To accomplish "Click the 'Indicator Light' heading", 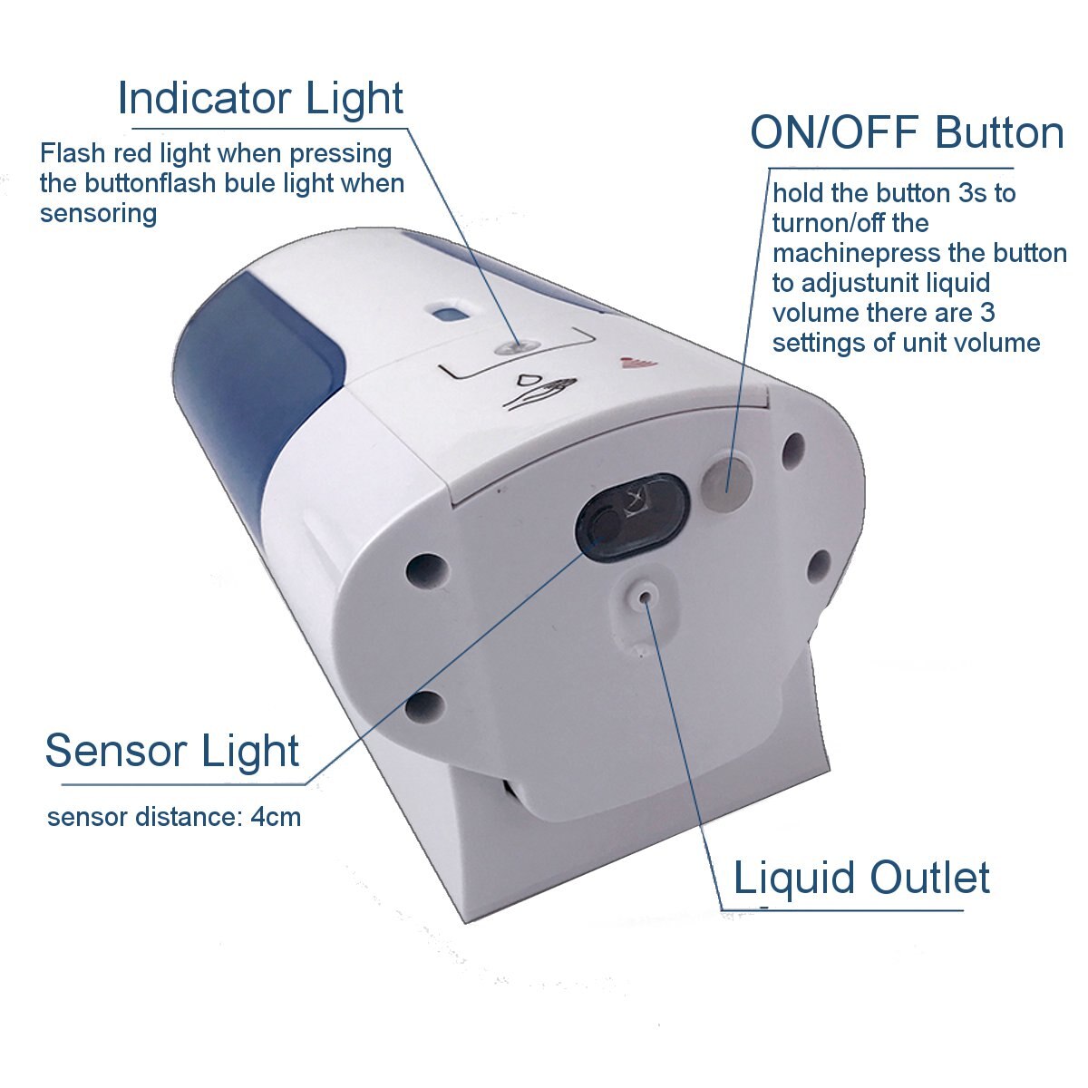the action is (x=260, y=98).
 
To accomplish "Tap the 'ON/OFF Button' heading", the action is (x=907, y=132).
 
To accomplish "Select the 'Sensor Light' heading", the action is (x=172, y=751).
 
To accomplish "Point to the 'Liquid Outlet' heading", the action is (x=861, y=878).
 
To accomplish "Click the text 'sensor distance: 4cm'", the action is (x=174, y=816).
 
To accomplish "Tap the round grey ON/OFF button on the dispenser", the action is (x=726, y=485).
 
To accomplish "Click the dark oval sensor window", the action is (x=633, y=517).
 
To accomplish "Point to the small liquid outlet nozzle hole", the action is (x=645, y=596).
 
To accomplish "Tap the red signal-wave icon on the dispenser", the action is (x=638, y=362).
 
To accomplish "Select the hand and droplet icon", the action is (x=539, y=390).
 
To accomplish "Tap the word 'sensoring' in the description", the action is (x=98, y=215).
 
